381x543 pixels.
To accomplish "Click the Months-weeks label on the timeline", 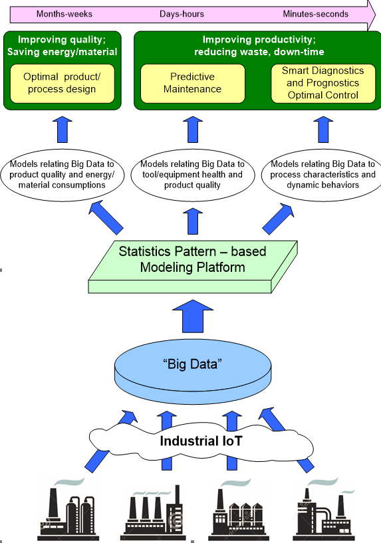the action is (x=64, y=14).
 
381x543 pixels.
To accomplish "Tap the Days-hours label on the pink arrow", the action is (x=182, y=14).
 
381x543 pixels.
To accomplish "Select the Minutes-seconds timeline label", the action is (x=316, y=14).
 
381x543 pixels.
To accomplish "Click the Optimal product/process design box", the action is (x=63, y=84).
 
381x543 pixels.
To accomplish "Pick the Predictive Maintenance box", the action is (x=193, y=84).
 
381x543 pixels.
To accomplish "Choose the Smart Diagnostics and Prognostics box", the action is (x=323, y=84).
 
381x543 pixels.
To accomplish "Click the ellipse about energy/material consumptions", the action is (x=63, y=175).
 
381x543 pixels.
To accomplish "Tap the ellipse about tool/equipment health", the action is (x=193, y=175).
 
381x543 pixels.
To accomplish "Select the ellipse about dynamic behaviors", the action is (x=322, y=175).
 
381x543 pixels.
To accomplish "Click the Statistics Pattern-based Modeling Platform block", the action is (x=193, y=267).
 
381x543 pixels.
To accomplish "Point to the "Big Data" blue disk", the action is (x=193, y=372).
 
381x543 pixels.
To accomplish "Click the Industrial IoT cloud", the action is (x=201, y=441).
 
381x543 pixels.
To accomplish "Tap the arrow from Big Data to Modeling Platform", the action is (x=193, y=316).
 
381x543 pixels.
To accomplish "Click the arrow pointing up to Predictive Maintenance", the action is (x=193, y=130).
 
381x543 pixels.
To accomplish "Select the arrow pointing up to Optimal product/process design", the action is (x=63, y=130).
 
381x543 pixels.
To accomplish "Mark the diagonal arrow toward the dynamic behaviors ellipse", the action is (x=278, y=219).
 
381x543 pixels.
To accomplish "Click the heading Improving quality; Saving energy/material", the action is (x=63, y=46).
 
